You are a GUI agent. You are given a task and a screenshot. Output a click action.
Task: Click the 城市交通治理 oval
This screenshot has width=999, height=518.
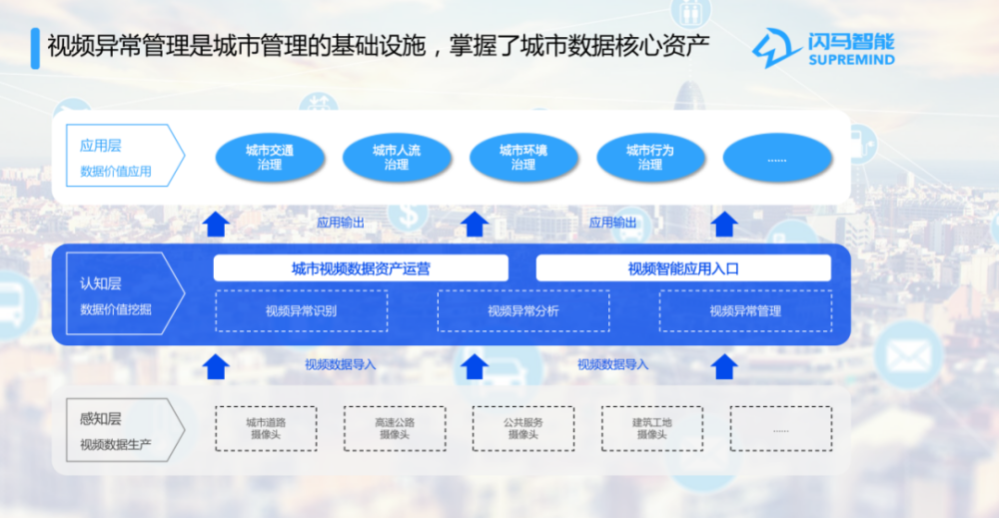270,157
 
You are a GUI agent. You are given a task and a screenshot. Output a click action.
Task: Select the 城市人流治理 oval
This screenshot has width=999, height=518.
397,157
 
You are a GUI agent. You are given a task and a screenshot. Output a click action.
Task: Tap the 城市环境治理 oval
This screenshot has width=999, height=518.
523,157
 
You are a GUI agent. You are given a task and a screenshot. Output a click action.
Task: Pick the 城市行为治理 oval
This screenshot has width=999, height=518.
650,157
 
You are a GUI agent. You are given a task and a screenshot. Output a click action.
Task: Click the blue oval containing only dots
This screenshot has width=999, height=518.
776,157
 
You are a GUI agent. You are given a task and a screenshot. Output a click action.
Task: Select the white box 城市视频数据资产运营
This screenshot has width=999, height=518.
361,267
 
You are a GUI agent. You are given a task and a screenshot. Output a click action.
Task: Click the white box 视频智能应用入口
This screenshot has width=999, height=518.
683,267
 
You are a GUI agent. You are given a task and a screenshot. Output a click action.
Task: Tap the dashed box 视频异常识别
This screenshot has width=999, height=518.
302,311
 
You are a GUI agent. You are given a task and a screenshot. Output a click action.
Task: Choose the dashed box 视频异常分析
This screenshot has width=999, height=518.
523,311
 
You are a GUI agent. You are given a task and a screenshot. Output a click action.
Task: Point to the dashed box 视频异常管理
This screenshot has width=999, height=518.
745,311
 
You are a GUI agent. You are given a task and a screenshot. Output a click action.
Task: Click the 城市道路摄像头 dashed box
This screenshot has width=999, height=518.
266,429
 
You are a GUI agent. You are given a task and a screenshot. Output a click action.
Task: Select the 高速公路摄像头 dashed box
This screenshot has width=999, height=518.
395,429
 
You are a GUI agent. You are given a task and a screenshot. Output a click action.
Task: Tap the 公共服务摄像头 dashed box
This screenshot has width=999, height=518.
523,429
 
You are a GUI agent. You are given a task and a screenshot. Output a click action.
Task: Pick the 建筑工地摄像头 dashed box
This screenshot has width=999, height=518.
651,429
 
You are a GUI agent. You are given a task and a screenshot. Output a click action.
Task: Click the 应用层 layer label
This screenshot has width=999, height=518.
100,146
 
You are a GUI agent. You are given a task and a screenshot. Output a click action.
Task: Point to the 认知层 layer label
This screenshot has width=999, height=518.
100,283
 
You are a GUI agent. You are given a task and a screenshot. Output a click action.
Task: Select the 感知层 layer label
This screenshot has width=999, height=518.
100,419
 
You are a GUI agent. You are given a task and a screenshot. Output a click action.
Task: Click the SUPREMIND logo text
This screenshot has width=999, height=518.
852,60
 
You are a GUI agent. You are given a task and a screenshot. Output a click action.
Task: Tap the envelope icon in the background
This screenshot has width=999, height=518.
908,355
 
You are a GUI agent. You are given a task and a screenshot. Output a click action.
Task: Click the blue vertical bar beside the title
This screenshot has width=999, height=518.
35,48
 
